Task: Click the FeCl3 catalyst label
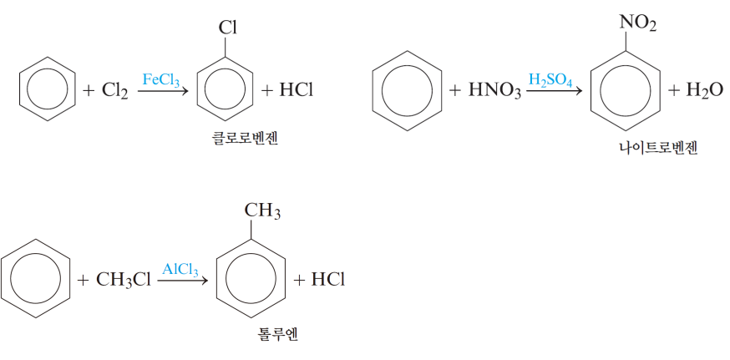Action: pyautogui.click(x=160, y=80)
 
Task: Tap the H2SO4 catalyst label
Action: pyautogui.click(x=550, y=80)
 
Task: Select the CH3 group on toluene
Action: pyautogui.click(x=261, y=210)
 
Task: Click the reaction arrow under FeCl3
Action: pyautogui.click(x=162, y=91)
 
